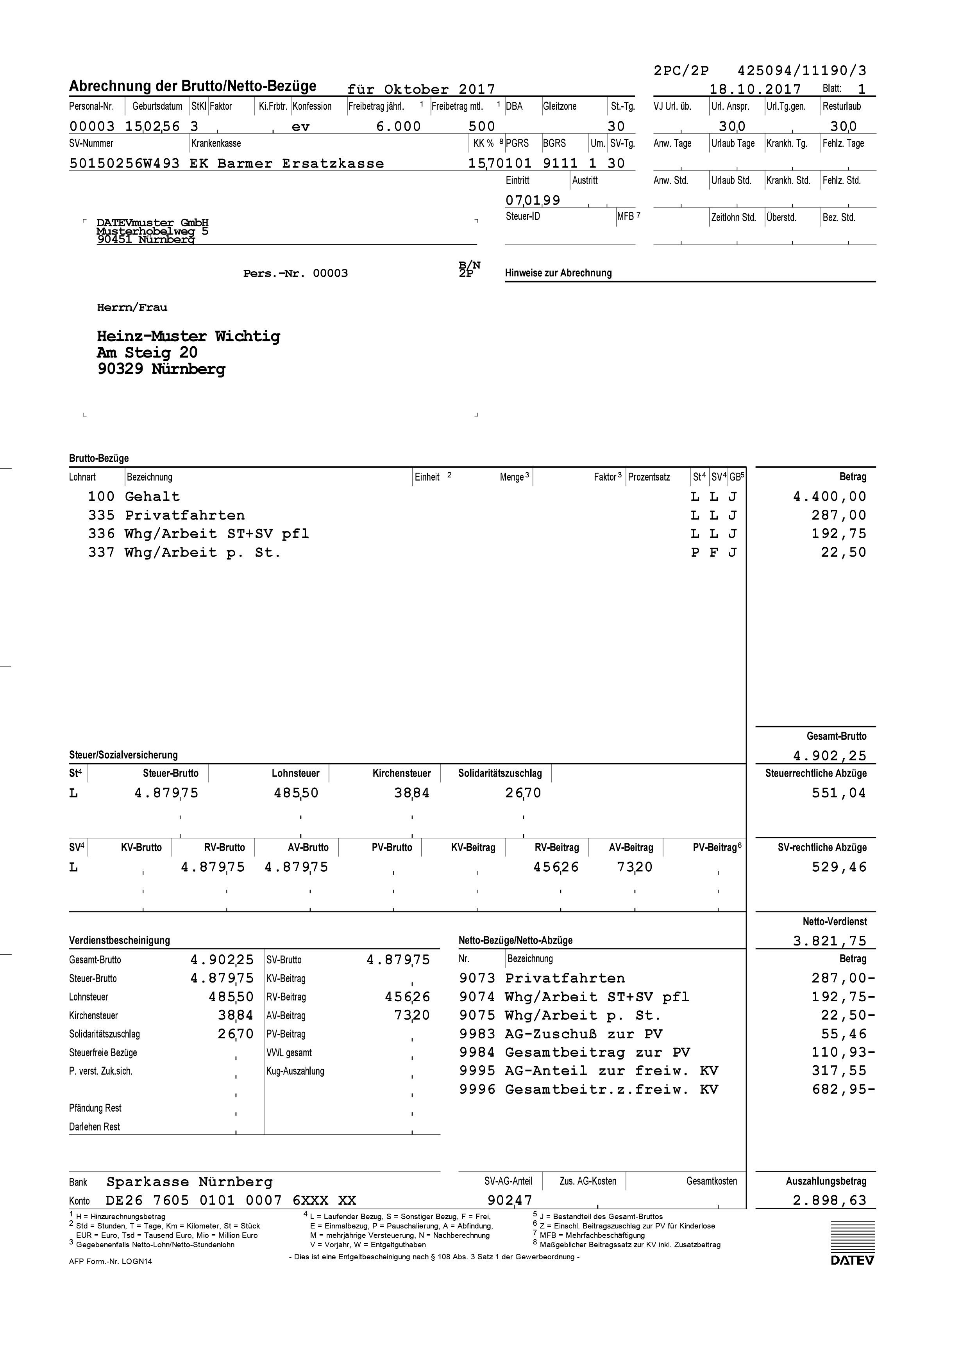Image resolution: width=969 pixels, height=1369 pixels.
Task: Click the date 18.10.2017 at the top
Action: (x=755, y=89)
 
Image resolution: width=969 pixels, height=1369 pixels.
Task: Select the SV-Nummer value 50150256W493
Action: (x=124, y=164)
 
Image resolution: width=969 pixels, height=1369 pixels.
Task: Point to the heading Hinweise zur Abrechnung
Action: (x=558, y=273)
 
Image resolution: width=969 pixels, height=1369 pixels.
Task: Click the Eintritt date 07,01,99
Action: (x=533, y=200)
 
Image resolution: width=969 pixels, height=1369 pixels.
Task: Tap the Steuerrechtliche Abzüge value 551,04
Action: (x=838, y=793)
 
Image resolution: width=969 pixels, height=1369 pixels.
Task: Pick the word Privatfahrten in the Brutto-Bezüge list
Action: (x=184, y=515)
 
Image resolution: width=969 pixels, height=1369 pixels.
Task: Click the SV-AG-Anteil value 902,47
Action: (x=510, y=1200)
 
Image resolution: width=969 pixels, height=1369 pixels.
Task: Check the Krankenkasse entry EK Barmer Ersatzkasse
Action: (x=286, y=164)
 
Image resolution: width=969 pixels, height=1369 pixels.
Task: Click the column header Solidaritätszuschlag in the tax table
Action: (x=500, y=773)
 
